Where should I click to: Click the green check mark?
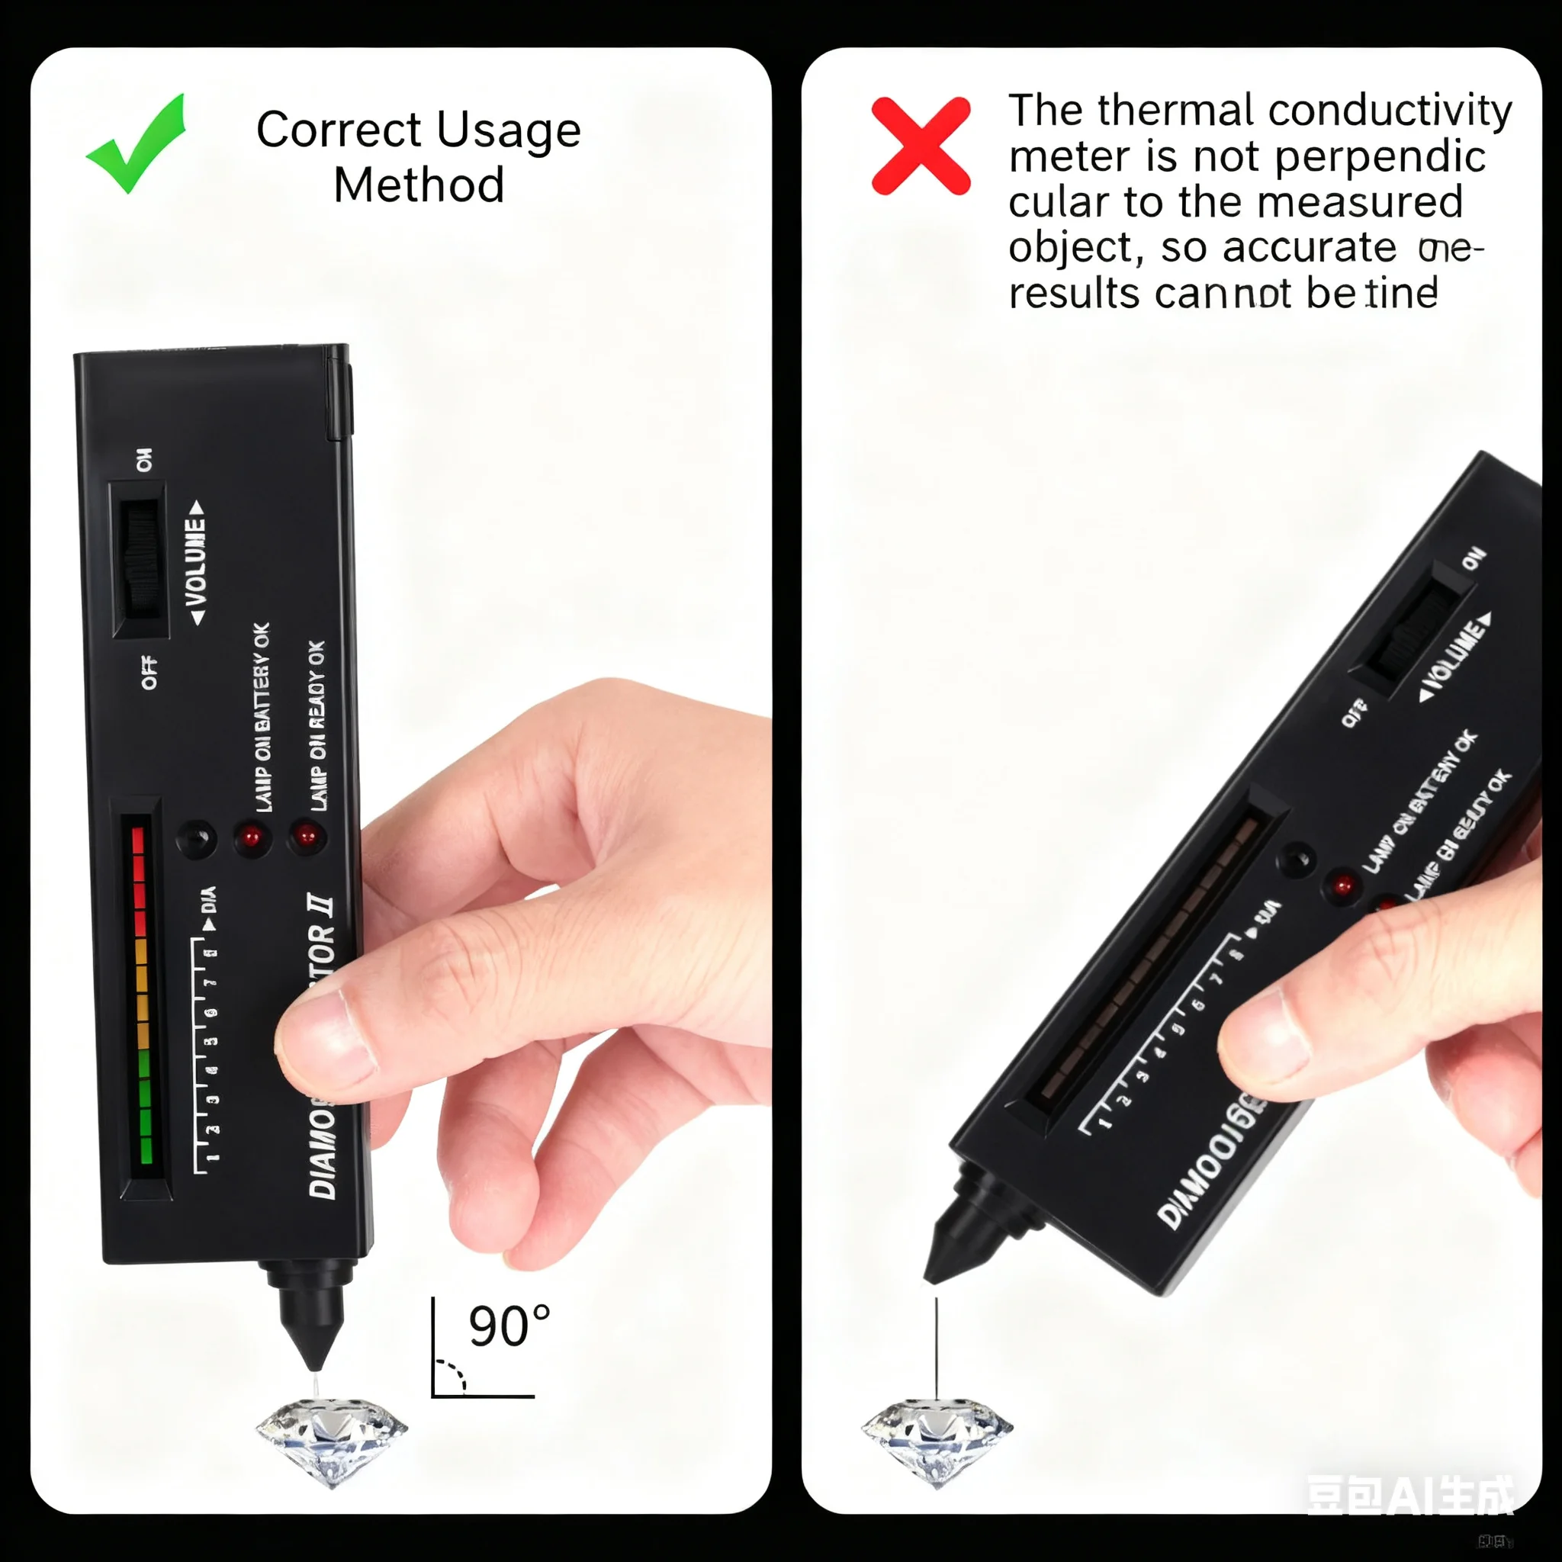(x=137, y=146)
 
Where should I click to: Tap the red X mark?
(x=921, y=146)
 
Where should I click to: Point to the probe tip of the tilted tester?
(x=930, y=1278)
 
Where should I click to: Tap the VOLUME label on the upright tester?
(x=196, y=563)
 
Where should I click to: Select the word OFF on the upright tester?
(x=149, y=673)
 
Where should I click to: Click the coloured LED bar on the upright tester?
(x=143, y=995)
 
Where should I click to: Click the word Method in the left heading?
(x=419, y=185)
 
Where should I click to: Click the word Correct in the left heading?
(x=339, y=130)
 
